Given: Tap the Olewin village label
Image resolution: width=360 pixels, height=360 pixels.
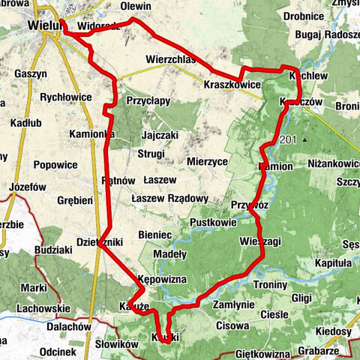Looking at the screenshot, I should [x=136, y=7].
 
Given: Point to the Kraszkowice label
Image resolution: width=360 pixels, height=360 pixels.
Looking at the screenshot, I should [x=232, y=85].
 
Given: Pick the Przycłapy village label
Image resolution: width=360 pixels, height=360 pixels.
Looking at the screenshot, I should [x=148, y=100].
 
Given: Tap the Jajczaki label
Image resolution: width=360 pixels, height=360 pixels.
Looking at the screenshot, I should [x=160, y=135].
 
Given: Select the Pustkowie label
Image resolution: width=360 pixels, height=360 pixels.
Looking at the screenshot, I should [x=214, y=223].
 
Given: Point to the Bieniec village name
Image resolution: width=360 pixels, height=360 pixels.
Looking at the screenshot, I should [x=156, y=235].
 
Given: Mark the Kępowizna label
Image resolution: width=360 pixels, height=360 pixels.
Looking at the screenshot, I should [x=161, y=279].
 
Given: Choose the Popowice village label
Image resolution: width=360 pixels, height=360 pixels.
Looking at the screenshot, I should [x=55, y=165].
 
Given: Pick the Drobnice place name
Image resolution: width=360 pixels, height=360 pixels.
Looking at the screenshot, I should [x=304, y=15].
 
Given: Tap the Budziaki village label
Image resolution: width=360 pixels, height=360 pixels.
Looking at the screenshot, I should [x=54, y=248].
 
